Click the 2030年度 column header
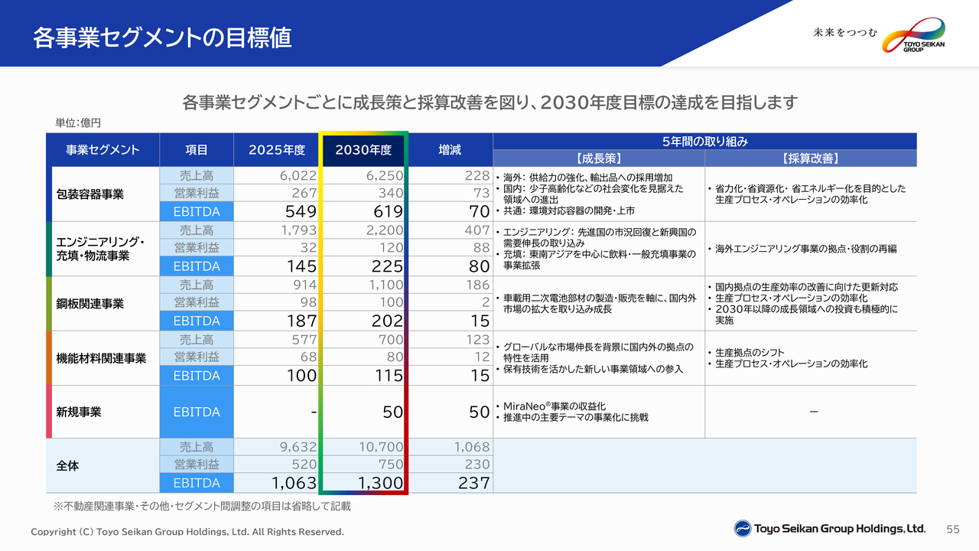(363, 150)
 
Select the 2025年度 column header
(277, 150)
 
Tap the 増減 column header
(450, 150)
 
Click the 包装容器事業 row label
(90, 194)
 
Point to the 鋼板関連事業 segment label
(90, 304)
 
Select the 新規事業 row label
(79, 412)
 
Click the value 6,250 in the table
(385, 176)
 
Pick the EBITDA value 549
(301, 212)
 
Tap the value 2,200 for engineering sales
(385, 230)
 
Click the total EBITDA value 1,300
(380, 483)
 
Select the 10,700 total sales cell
(381, 447)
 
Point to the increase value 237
(473, 483)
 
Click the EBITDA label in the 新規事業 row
(197, 412)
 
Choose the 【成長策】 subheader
(598, 158)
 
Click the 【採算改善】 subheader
(810, 158)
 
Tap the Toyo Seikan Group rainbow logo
(913, 35)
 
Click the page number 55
(953, 530)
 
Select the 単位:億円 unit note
(78, 123)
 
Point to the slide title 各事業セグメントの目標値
(161, 37)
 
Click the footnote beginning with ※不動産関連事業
(202, 507)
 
